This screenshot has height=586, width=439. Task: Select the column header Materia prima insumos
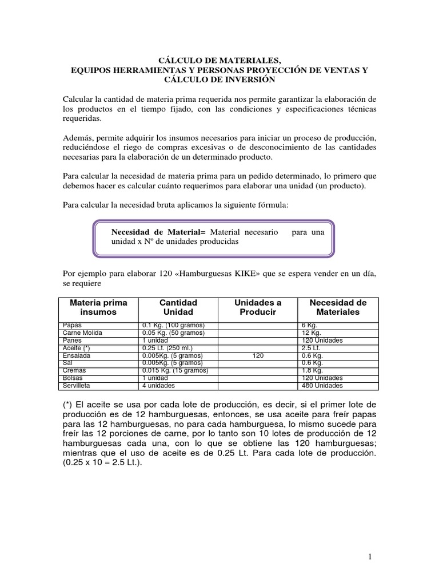click(x=98, y=307)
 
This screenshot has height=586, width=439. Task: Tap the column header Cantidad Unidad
click(x=178, y=307)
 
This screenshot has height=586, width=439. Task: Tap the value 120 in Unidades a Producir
click(x=258, y=355)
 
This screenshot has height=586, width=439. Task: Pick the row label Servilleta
click(x=77, y=385)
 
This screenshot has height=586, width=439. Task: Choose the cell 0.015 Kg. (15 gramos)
click(x=175, y=370)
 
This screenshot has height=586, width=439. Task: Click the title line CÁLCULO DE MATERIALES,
click(x=219, y=59)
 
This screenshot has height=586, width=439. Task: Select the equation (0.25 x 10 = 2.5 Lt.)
click(x=103, y=464)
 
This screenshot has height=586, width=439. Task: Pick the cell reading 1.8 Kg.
click(x=312, y=370)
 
